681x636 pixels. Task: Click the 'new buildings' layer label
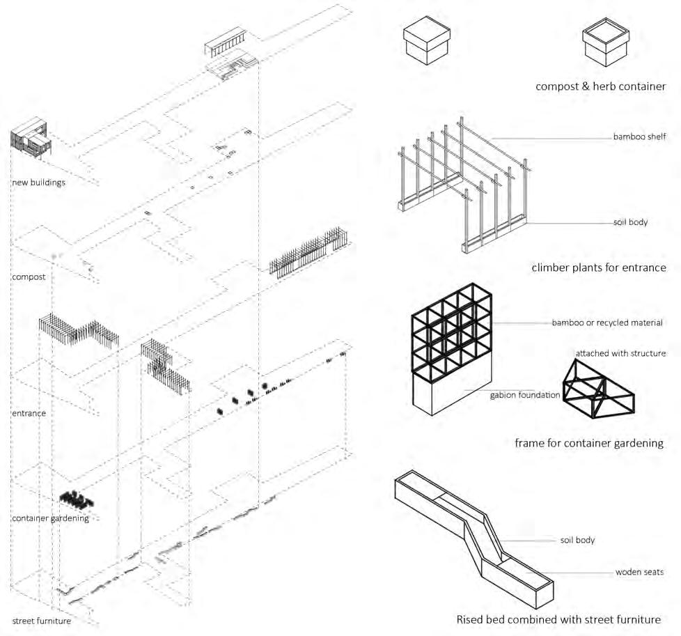(38, 183)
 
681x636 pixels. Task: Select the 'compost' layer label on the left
(29, 277)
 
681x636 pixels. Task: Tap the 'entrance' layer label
(29, 413)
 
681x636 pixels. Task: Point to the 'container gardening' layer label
(50, 518)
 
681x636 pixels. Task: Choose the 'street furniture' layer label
(42, 620)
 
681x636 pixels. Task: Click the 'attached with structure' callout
(620, 353)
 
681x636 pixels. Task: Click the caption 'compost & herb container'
(600, 86)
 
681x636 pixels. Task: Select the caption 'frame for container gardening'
(589, 442)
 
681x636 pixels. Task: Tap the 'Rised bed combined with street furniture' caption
(558, 619)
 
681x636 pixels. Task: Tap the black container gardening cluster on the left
(76, 499)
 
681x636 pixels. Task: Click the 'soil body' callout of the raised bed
(577, 540)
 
